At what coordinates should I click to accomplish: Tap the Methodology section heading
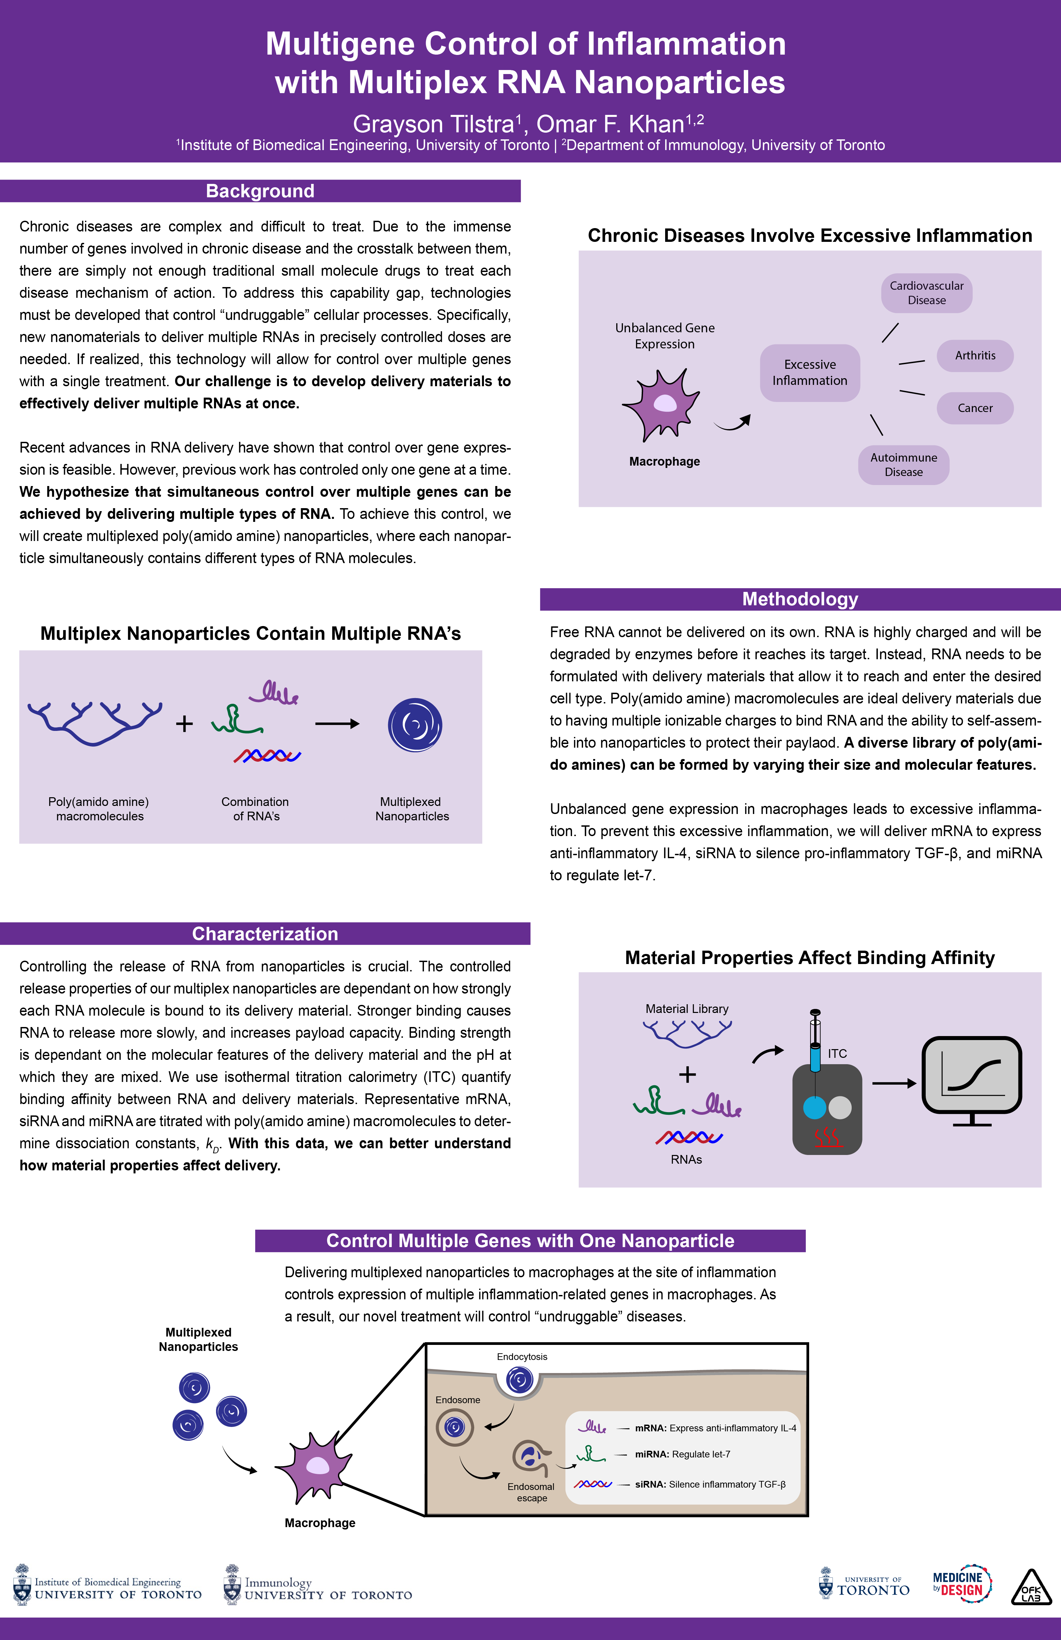[x=800, y=599]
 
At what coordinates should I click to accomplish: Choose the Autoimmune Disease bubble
[x=903, y=465]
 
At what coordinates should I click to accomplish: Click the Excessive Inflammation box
[x=809, y=373]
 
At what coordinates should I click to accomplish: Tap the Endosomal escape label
[x=531, y=1493]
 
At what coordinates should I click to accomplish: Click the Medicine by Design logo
[x=961, y=1583]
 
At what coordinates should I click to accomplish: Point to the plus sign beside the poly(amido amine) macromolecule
[x=184, y=724]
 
